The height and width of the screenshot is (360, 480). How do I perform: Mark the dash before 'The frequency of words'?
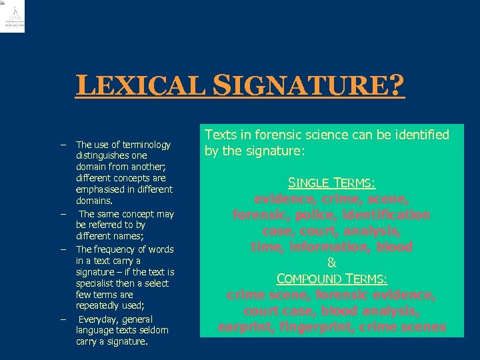(x=62, y=249)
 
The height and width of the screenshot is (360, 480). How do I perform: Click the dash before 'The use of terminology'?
(x=62, y=145)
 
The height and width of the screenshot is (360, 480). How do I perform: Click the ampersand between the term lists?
(x=331, y=263)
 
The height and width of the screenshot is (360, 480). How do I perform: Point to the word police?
(x=317, y=215)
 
